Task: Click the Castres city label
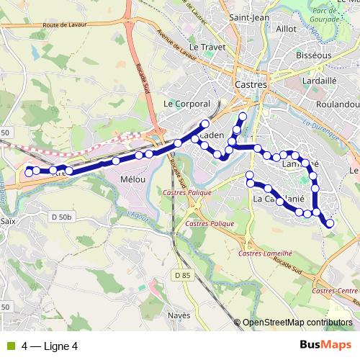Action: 251,84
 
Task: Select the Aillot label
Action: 286,27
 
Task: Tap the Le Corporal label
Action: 187,104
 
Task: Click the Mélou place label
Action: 134,178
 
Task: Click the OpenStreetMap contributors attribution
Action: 298,323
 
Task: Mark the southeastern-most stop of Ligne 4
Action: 330,224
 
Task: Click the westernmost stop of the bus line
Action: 29,172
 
